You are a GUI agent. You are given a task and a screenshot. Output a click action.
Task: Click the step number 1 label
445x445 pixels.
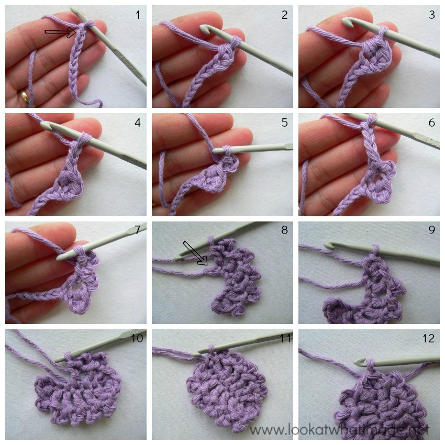[138, 15]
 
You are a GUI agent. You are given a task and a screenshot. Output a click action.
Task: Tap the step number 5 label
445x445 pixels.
[284, 123]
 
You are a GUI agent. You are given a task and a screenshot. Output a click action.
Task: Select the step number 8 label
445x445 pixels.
[284, 231]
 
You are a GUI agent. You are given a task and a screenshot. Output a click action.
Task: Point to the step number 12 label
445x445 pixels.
[428, 339]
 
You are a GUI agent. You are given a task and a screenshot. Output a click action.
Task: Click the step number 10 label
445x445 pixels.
[137, 339]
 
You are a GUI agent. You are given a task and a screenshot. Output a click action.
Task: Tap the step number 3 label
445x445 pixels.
[431, 15]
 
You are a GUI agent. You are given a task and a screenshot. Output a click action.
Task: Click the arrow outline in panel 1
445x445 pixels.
[61, 33]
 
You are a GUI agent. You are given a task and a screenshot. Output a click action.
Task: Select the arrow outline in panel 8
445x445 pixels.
[195, 253]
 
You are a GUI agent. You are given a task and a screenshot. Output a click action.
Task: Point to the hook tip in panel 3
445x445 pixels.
[348, 21]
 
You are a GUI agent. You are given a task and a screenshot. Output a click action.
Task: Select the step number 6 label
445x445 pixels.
[431, 123]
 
